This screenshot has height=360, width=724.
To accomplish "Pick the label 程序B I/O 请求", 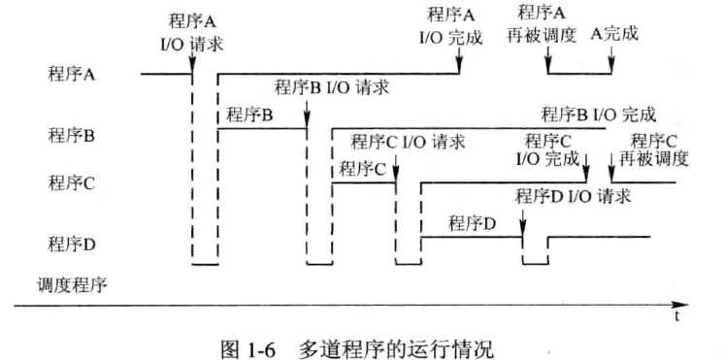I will click(x=332, y=87).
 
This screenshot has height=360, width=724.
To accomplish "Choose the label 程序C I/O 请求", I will click(x=408, y=142).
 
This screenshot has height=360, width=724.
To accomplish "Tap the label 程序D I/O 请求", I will click(x=574, y=196).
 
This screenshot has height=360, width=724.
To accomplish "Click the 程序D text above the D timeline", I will click(x=473, y=224).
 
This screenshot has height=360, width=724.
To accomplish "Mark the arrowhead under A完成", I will click(x=611, y=69).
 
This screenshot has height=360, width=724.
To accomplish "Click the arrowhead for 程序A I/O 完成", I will click(x=459, y=69).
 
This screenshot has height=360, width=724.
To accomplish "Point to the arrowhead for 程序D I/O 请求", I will click(x=523, y=233).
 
